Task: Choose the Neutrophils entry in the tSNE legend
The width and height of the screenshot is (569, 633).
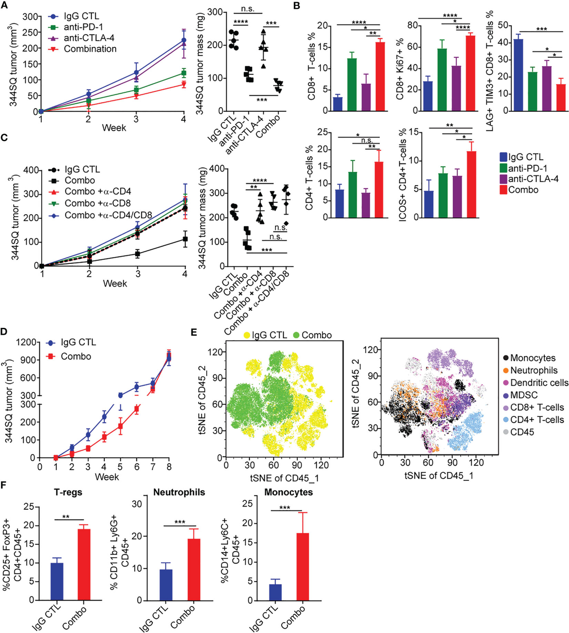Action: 533,371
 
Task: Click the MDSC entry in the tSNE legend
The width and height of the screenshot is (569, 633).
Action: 523,395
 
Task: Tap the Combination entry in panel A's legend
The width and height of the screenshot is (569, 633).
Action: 90,49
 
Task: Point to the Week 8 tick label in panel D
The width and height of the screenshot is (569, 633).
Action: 168,467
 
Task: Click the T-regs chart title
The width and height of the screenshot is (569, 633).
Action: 68,492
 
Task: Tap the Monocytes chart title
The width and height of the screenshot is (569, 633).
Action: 288,492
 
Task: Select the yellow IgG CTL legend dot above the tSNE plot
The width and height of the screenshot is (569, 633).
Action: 248,335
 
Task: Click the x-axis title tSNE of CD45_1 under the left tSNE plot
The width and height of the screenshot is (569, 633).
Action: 284,478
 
